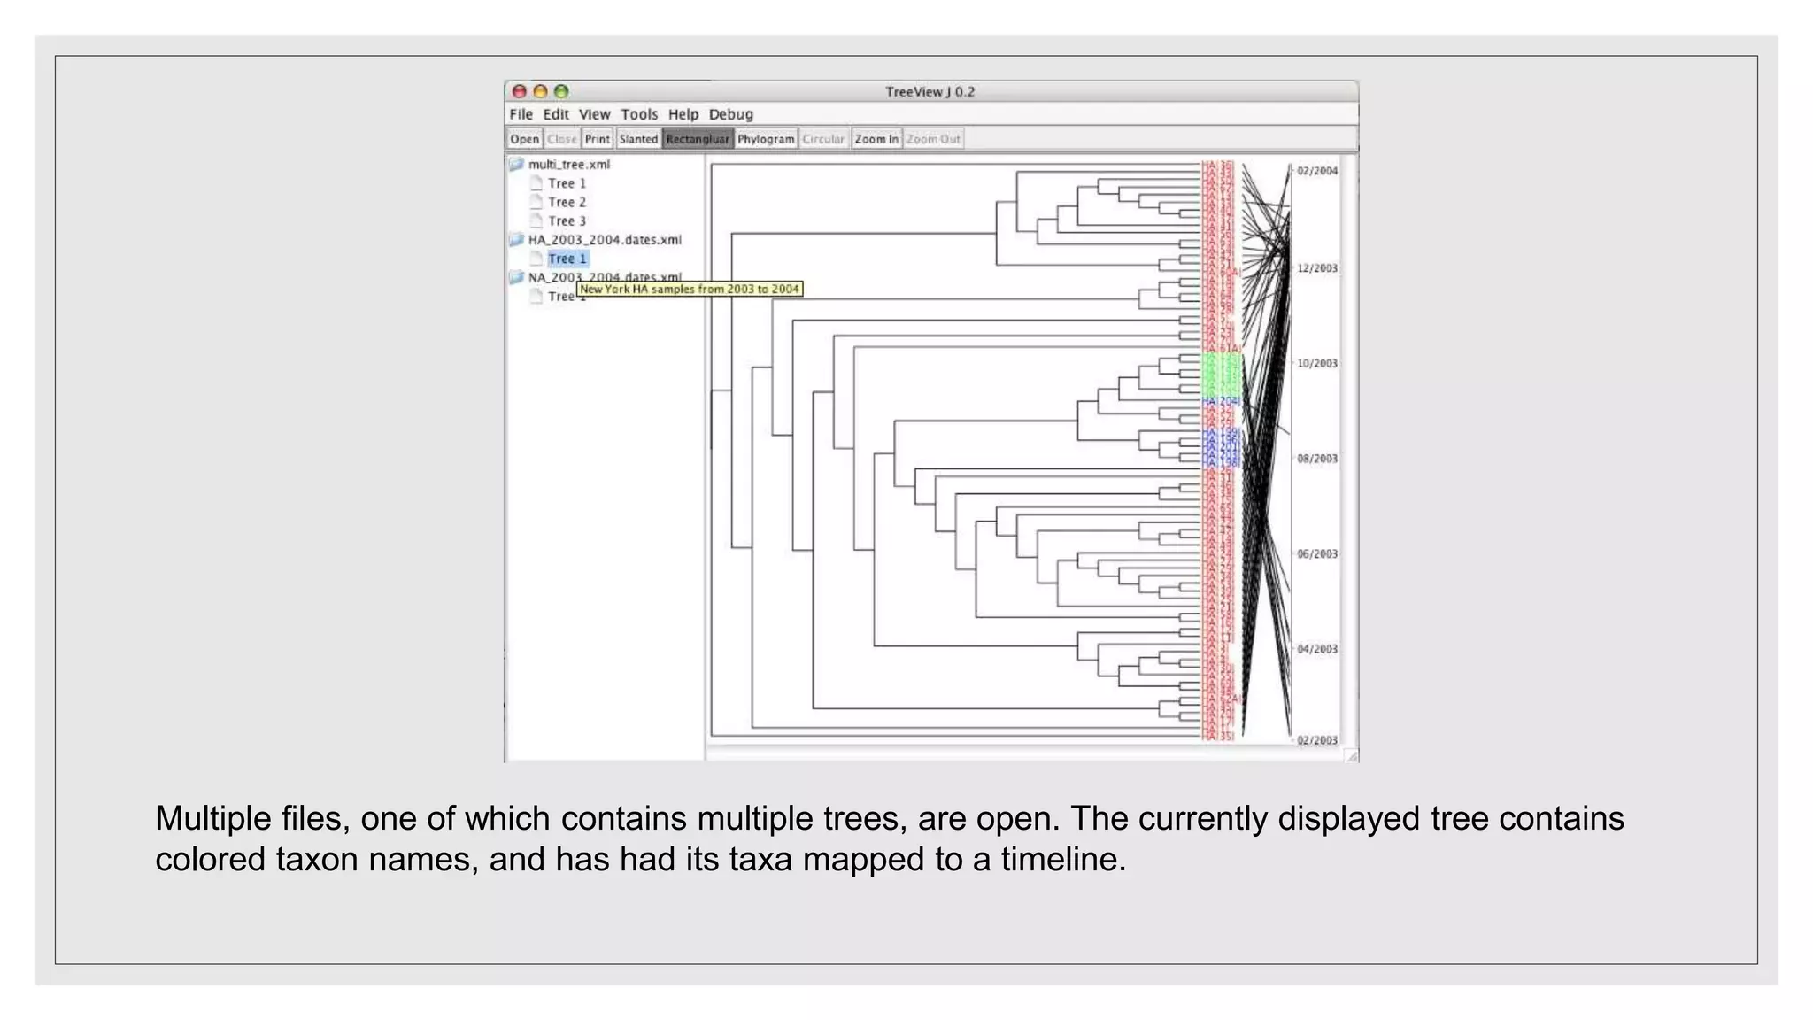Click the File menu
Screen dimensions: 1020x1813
(x=521, y=114)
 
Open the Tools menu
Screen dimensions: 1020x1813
(x=638, y=114)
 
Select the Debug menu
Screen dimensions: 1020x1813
(x=730, y=114)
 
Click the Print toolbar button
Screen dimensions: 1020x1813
(x=597, y=139)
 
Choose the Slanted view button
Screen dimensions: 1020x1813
(x=638, y=139)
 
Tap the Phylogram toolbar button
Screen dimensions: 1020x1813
(x=766, y=139)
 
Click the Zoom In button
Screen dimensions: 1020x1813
(x=876, y=139)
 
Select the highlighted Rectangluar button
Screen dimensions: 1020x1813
(x=698, y=139)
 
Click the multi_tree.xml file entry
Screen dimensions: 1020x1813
(x=568, y=165)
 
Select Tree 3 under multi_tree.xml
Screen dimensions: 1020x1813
(x=567, y=221)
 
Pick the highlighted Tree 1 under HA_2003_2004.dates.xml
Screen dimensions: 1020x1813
(x=567, y=259)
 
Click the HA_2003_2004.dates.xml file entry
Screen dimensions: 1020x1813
(x=605, y=240)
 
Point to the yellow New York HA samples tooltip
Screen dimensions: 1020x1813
(x=689, y=289)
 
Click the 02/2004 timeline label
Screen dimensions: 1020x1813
(x=1316, y=171)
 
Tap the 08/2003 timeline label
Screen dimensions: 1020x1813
(x=1316, y=459)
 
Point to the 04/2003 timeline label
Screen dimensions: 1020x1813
(x=1316, y=649)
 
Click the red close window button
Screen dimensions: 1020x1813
(x=520, y=91)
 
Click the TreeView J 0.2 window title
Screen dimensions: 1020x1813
(x=930, y=92)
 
